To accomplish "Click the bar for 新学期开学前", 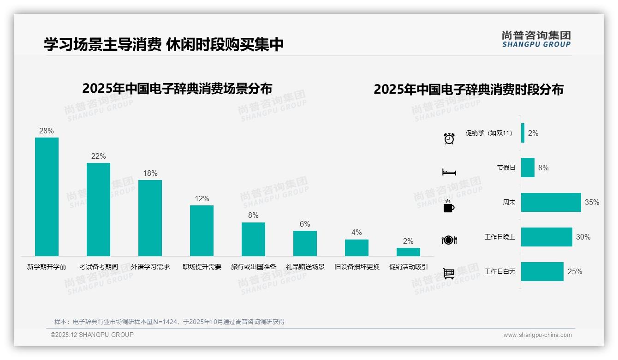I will pos(47,197).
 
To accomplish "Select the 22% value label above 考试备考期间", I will pos(98,156).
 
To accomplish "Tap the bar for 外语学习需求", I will pos(150,218).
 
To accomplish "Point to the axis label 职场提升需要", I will pos(202,267).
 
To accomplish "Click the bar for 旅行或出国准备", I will pos(253,239).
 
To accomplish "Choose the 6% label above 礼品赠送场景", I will pos(305,224).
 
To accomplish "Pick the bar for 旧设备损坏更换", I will pos(357,248).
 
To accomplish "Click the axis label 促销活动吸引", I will pos(408,267).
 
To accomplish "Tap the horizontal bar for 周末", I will pos(551,202).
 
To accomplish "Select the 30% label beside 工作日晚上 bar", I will pos(583,237).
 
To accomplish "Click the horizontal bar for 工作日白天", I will pos(542,271).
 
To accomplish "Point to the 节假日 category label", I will pos(506,168).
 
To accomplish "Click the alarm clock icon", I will pos(449,138).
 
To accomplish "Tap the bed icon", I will pos(449,172).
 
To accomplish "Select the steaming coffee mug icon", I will pos(449,206).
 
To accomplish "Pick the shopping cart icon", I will pos(449,274).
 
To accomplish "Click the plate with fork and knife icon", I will pos(449,240).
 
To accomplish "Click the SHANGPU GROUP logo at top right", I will pos(536,39).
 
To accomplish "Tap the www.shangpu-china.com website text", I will pos(537,335).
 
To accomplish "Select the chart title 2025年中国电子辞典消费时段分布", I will pos(468,90).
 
